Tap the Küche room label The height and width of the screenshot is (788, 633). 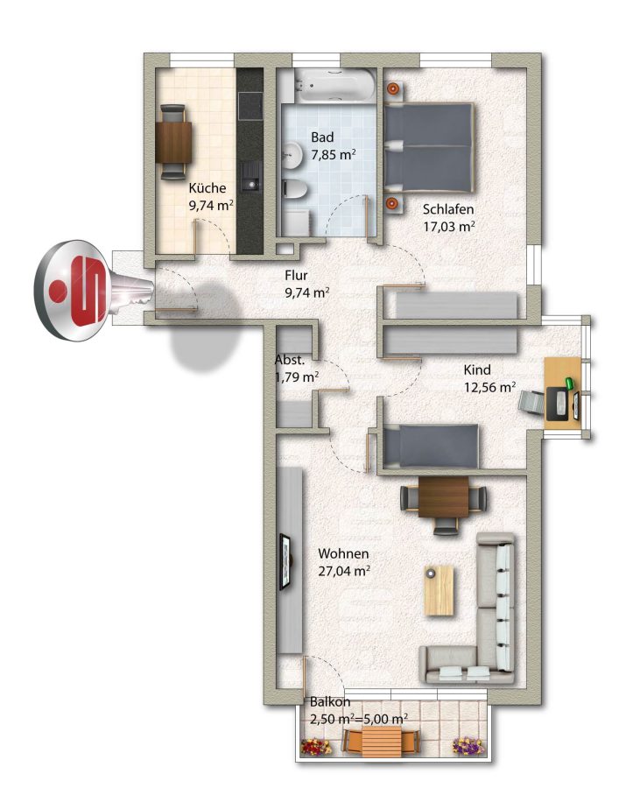click(x=207, y=188)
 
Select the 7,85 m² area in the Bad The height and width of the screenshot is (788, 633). click(x=334, y=154)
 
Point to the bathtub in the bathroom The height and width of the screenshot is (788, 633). click(x=334, y=84)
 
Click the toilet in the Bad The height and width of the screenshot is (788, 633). click(x=295, y=191)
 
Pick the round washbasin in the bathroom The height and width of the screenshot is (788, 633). click(x=291, y=154)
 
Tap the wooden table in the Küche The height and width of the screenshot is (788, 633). click(x=174, y=142)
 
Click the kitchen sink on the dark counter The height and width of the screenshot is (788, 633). click(x=250, y=176)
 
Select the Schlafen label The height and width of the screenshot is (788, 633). click(x=448, y=209)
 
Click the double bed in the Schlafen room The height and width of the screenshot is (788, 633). click(x=429, y=147)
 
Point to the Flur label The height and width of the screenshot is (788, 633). click(x=296, y=276)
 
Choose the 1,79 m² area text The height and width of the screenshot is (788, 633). click(x=297, y=376)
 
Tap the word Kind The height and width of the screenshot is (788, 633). click(x=477, y=369)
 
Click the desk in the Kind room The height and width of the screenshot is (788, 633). click(x=564, y=393)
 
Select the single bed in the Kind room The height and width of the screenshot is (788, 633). click(x=431, y=446)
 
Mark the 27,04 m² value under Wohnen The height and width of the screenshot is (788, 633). click(x=345, y=571)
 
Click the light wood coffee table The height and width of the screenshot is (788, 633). click(x=440, y=590)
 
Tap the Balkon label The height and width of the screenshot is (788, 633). click(x=329, y=701)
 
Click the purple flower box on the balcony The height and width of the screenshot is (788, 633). click(x=468, y=745)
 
